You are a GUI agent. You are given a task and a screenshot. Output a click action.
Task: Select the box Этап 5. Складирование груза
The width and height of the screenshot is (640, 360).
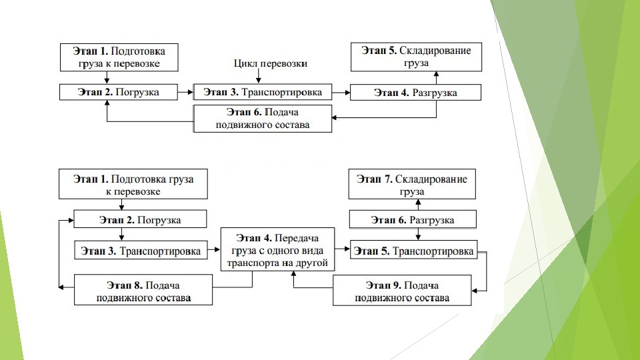pos(416,56)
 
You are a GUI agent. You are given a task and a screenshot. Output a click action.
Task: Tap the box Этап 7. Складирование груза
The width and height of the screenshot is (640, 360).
pos(413,185)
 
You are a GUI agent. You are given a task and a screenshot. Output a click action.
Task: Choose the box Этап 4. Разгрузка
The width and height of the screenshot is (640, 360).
pos(415,92)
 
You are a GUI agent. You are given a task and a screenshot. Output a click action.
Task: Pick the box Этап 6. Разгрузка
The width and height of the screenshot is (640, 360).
pos(413,220)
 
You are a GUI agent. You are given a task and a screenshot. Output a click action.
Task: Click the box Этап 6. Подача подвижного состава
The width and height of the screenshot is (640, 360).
pos(263,118)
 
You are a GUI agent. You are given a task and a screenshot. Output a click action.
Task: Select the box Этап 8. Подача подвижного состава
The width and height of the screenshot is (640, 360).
pos(143,290)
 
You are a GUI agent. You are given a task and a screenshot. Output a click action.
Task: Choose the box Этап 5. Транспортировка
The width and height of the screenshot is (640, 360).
pos(413,251)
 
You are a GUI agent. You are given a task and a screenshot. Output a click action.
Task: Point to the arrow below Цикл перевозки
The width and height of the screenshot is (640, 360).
pos(259,77)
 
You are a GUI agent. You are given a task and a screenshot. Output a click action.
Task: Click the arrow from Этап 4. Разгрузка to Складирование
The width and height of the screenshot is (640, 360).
pos(435,77)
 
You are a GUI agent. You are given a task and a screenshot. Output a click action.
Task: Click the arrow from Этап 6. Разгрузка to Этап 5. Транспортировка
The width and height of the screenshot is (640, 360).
pos(418,234)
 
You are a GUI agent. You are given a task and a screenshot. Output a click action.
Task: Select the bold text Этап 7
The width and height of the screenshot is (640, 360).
pos(375,179)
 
